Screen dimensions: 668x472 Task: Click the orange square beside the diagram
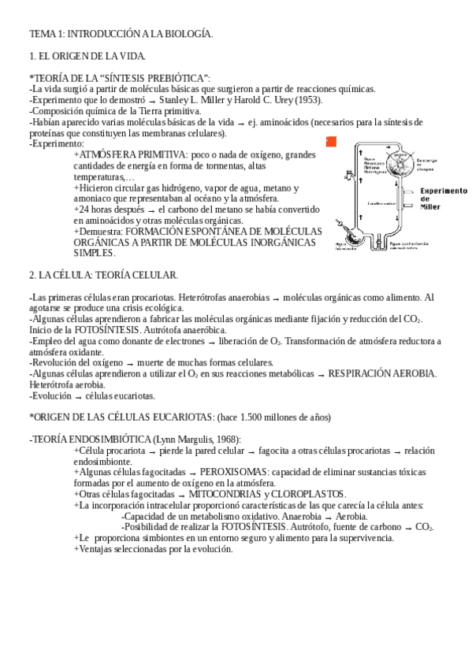click(331, 142)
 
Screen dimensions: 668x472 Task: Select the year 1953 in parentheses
click(309, 100)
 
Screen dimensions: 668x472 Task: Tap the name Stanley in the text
click(176, 100)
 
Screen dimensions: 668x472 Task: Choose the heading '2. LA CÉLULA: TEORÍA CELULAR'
click(103, 275)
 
